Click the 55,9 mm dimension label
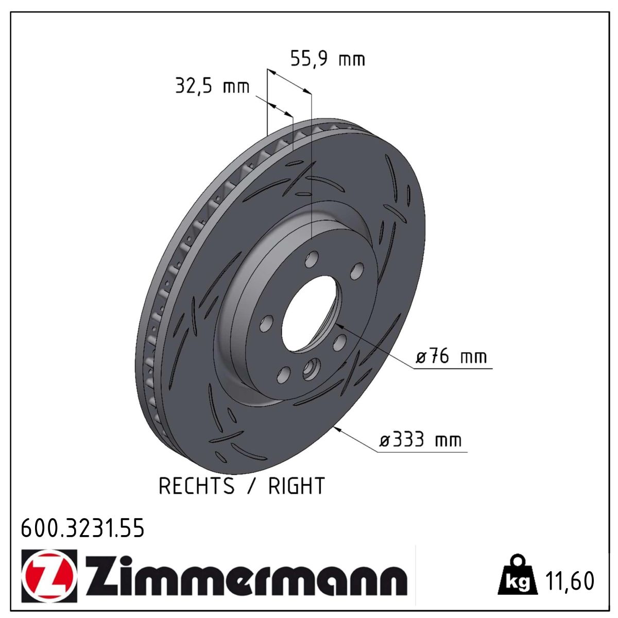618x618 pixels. [x=328, y=59]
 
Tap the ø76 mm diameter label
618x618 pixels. [x=452, y=356]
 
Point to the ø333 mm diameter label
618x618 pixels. [x=420, y=439]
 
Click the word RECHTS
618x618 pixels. [x=197, y=486]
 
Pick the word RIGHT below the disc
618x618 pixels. [x=297, y=486]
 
